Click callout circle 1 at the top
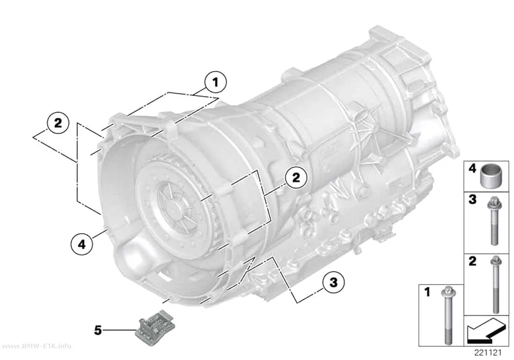[215, 82]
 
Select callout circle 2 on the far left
[58, 123]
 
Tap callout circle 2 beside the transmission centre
[296, 178]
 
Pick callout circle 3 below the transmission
[333, 282]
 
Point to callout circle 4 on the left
[82, 243]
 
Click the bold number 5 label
[98, 330]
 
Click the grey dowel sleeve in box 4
[489, 175]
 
